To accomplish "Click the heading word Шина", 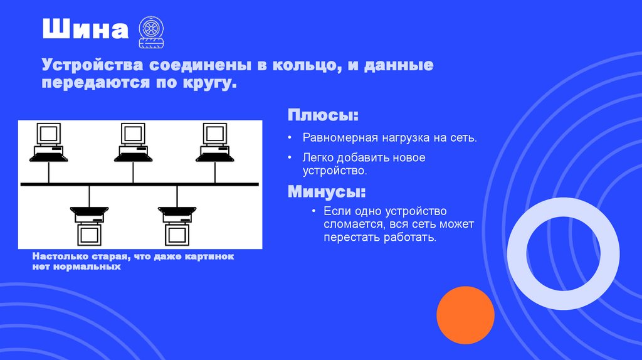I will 85,30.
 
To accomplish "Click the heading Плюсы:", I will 324,115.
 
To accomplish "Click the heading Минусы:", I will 327,191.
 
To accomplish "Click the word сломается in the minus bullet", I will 352,225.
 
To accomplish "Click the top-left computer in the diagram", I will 48,143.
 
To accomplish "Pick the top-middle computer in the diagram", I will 132,143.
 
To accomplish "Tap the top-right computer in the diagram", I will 214,143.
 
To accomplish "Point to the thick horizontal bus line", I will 139,184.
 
